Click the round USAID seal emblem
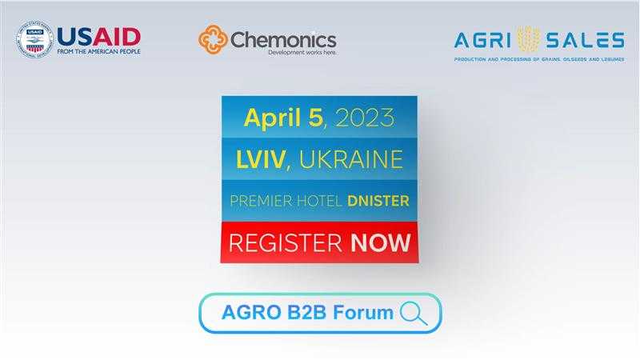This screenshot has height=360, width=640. [x=34, y=39]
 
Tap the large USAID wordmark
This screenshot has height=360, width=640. [x=98, y=37]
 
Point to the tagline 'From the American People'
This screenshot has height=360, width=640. [x=98, y=52]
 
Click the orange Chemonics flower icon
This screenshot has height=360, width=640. [x=213, y=39]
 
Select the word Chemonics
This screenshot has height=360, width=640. [x=283, y=40]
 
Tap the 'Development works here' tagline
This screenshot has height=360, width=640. [x=302, y=53]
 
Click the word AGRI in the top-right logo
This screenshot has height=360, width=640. [x=482, y=41]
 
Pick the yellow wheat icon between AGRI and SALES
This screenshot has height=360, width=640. [x=529, y=39]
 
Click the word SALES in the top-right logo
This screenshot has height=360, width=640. [x=586, y=41]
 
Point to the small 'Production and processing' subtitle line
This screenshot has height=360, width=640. [x=539, y=59]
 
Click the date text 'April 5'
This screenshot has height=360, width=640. [x=283, y=118]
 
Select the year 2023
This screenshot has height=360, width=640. [x=365, y=118]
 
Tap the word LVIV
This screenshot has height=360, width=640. [x=261, y=159]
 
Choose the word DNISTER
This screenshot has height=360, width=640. [x=378, y=201]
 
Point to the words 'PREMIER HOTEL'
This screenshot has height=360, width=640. [x=286, y=201]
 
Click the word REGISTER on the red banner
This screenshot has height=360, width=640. [x=285, y=243]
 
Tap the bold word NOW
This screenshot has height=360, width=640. [x=381, y=243]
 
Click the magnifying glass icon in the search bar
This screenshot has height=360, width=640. [x=414, y=313]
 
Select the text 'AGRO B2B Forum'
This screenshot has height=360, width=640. [x=307, y=312]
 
